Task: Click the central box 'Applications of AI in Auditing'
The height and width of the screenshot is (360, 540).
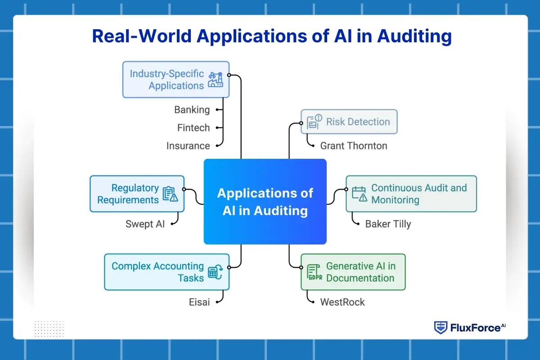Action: coord(265,202)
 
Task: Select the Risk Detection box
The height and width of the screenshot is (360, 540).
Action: coord(349,121)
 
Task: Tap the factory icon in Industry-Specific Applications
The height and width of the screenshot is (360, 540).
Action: coord(216,80)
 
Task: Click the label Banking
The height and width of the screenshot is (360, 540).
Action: coord(192,109)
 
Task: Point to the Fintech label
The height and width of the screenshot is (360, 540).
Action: coord(193,128)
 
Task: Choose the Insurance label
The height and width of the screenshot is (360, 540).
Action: coord(188,146)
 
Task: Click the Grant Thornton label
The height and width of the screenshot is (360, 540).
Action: coord(353,145)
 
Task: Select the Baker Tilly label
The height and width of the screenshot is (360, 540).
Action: coord(388,224)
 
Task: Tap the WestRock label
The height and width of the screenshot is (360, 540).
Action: coord(342,301)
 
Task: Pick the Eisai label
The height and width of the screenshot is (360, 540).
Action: coord(199,301)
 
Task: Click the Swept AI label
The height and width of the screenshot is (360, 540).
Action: coord(145,224)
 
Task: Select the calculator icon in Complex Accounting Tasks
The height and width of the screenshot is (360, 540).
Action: coord(215,272)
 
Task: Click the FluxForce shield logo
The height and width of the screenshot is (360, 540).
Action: coord(440,328)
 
